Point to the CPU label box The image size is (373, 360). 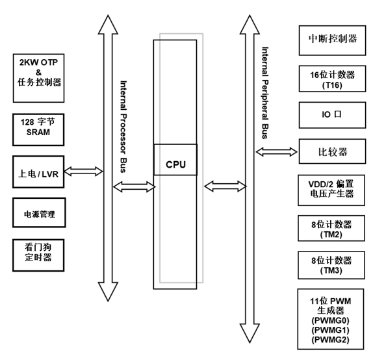(x=175, y=164)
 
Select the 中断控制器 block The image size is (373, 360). (x=328, y=38)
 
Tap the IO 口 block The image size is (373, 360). (x=328, y=115)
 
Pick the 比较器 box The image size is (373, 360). (x=328, y=152)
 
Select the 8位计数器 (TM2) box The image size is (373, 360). (x=328, y=228)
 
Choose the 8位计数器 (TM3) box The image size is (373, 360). (x=328, y=264)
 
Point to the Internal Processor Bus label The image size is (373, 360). (x=123, y=127)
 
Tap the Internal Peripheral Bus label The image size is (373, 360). (x=264, y=92)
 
